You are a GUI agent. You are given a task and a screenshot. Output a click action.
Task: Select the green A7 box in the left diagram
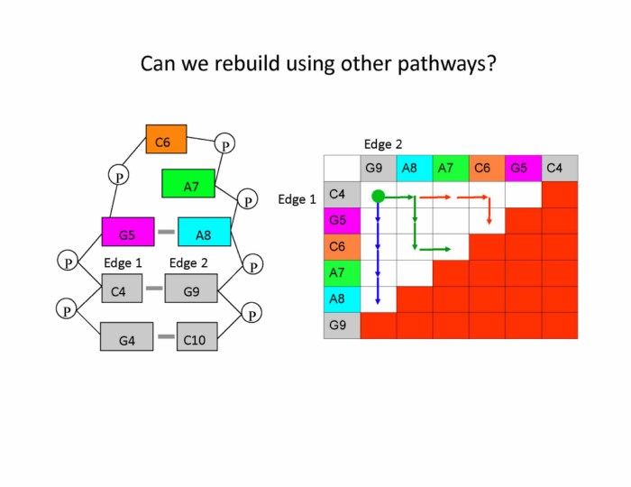click(x=188, y=183)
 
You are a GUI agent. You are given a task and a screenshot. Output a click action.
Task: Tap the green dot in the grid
click(x=378, y=195)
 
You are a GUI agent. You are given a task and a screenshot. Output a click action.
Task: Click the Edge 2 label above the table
click(x=383, y=143)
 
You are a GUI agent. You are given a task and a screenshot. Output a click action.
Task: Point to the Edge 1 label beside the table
click(x=297, y=199)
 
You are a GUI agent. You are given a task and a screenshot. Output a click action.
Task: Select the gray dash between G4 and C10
click(x=166, y=336)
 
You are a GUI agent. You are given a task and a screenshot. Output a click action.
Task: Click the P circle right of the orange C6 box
click(x=225, y=144)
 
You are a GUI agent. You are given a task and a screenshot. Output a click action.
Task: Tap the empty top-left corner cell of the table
click(x=342, y=168)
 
